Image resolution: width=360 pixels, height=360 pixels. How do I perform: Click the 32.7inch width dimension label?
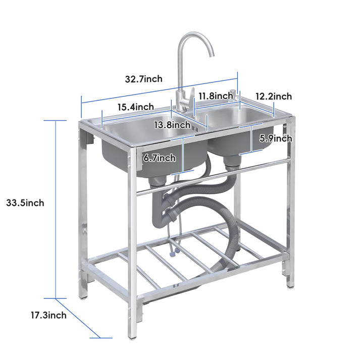(144, 79)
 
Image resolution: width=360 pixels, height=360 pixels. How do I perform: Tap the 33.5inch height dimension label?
(25, 203)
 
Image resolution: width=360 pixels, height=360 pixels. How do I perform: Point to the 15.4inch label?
(136, 107)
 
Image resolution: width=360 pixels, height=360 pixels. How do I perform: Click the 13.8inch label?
(172, 125)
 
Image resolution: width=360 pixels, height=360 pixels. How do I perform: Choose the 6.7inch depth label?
(160, 158)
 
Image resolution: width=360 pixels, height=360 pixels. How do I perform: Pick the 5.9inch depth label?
(276, 138)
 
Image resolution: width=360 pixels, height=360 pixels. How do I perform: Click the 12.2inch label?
(273, 96)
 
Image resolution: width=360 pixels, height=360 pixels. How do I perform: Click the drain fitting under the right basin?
(232, 162)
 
